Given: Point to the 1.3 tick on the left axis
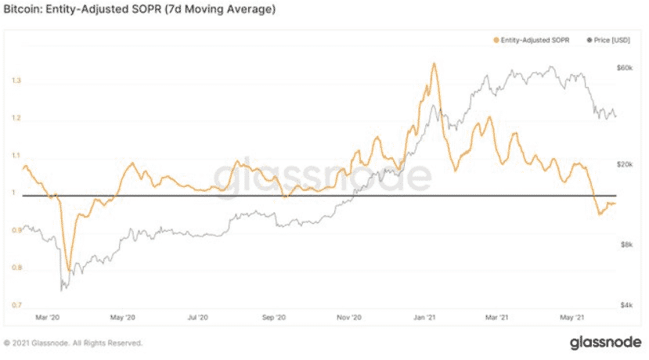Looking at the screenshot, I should point(16,81).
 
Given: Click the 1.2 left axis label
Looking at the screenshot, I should point(16,119).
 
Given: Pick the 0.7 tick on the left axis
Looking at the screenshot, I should point(16,305).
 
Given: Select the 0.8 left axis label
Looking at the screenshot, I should point(16,268).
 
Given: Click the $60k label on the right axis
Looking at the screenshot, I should point(624,68).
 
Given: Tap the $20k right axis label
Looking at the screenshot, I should point(624,165).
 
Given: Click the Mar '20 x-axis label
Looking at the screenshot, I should point(48,318).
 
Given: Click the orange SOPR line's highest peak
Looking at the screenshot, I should point(433,63).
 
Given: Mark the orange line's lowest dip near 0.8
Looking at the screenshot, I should point(68,270).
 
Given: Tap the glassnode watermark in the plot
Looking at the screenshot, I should point(321,177).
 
